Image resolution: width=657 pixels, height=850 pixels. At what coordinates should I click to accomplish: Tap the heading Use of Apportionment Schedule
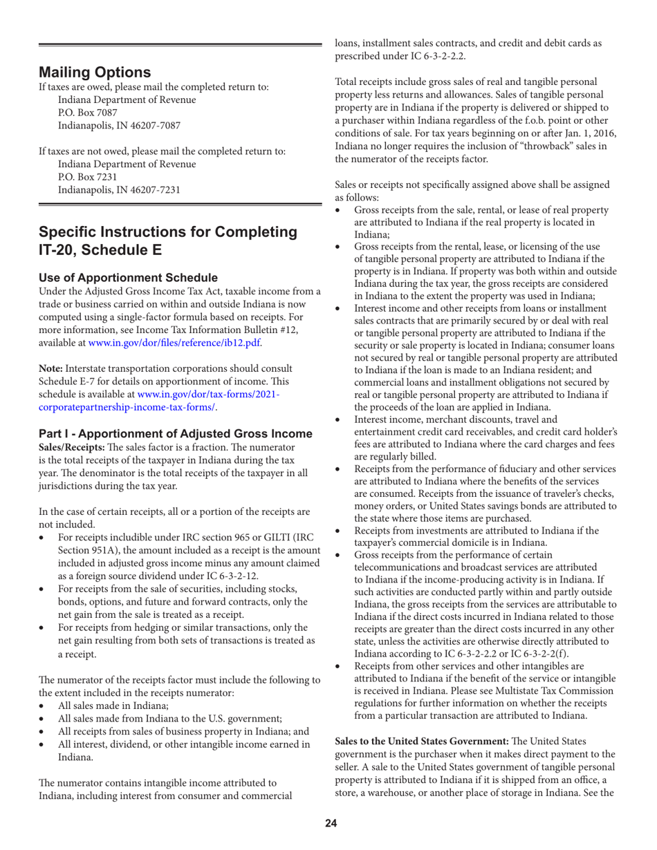pyautogui.click(x=128, y=274)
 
